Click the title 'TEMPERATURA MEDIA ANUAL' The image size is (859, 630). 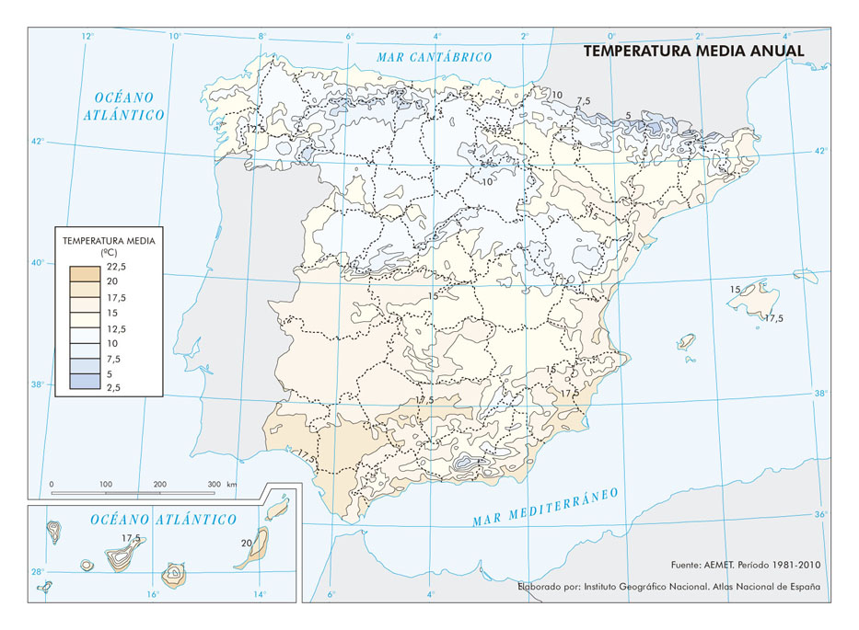(x=694, y=52)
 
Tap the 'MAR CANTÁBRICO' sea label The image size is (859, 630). (x=435, y=57)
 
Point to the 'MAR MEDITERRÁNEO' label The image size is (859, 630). (x=545, y=507)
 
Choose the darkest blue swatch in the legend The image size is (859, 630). (x=85, y=380)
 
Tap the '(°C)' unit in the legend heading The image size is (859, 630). (x=109, y=251)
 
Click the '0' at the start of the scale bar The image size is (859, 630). (x=52, y=484)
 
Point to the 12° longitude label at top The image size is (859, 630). (x=87, y=37)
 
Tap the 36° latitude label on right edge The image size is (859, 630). (x=819, y=514)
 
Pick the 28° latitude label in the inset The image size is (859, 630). (x=39, y=571)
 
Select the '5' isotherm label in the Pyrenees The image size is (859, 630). (x=628, y=116)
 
